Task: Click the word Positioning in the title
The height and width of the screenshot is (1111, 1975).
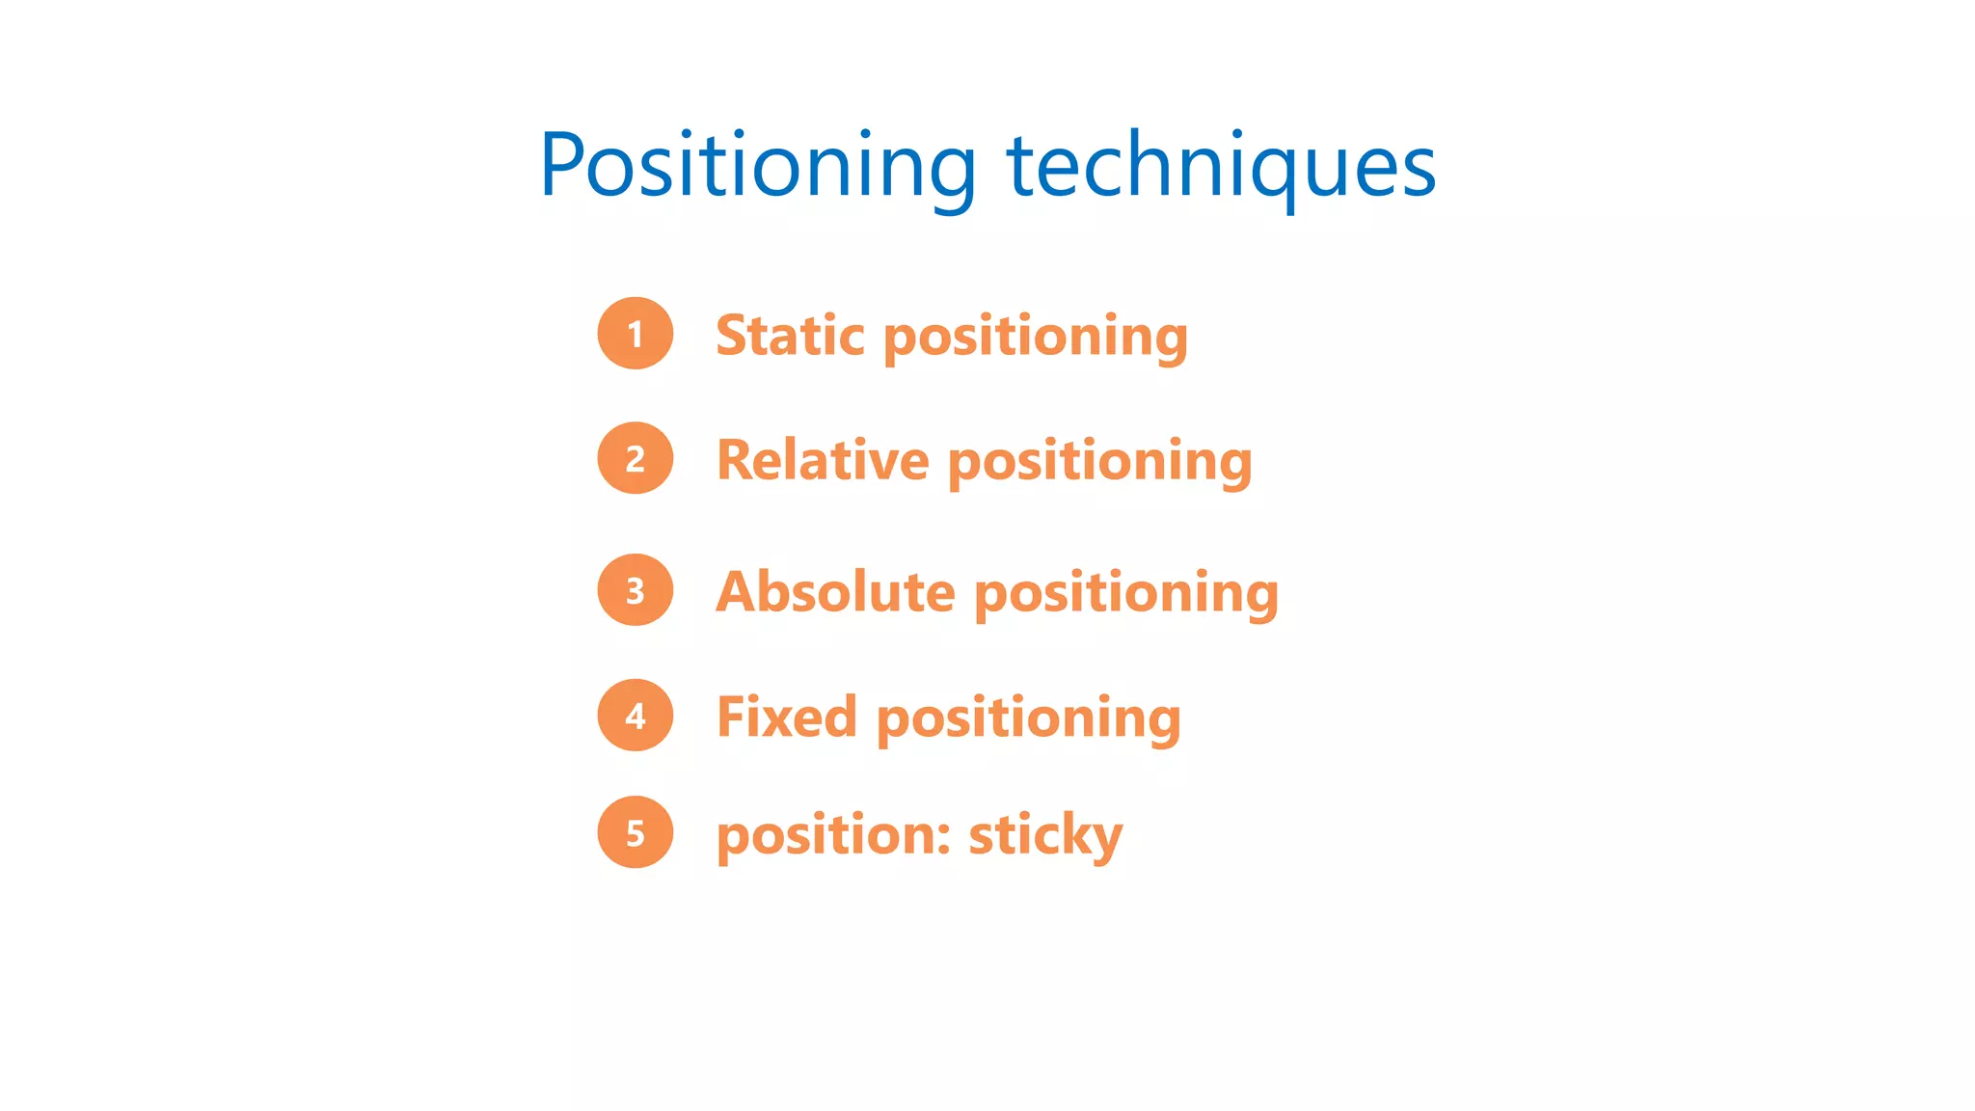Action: coord(758,166)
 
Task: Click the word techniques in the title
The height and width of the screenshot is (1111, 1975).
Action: coord(1221,166)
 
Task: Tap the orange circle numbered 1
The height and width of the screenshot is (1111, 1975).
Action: coord(636,334)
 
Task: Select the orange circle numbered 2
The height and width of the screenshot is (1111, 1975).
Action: coord(636,458)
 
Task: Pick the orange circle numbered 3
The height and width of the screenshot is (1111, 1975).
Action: coord(636,590)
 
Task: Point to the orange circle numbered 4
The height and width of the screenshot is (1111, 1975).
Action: coord(636,715)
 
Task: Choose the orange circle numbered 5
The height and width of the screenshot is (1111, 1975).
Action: coord(636,832)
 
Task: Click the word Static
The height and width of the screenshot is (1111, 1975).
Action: coord(790,336)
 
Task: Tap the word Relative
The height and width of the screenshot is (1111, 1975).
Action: coord(823,460)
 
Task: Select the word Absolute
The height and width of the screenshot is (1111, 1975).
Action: coord(835,591)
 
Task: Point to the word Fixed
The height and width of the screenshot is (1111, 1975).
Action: coord(787,718)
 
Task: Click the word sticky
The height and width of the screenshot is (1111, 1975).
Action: coord(1045,835)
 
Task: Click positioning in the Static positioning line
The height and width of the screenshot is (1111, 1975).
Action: coord(1035,338)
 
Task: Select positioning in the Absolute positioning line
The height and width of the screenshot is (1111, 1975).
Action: coord(1126,593)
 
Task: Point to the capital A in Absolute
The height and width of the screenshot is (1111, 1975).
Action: coord(738,591)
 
